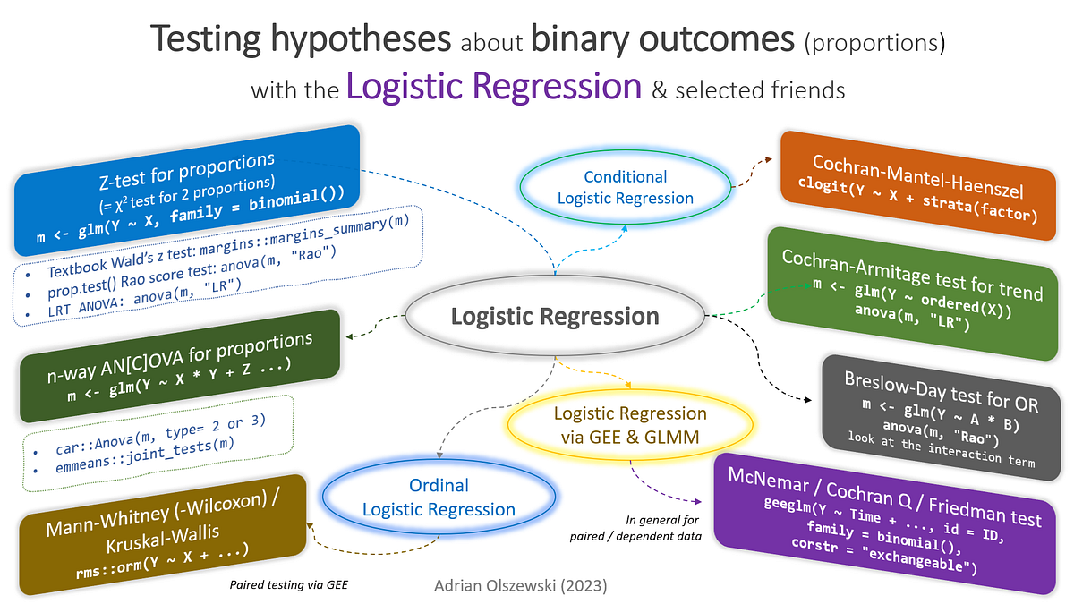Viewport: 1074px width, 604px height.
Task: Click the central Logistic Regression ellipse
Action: click(554, 316)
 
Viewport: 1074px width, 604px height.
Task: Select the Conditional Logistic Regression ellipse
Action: click(625, 188)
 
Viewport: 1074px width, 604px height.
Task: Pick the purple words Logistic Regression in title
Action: click(494, 88)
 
